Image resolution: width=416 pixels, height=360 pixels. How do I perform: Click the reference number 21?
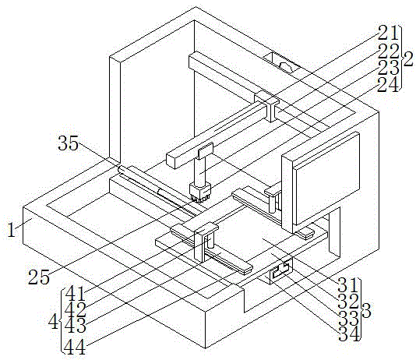389,33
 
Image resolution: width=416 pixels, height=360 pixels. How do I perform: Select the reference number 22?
389,51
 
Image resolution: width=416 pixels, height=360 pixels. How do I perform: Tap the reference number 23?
389,67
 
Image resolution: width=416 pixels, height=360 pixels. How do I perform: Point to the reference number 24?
389,84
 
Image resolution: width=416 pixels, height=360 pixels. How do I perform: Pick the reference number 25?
39,277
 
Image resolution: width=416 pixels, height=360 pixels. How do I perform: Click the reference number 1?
11,229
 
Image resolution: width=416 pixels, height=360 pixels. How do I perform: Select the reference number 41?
76,294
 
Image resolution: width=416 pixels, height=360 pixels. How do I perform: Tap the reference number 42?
76,309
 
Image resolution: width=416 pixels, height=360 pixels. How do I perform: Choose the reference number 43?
76,325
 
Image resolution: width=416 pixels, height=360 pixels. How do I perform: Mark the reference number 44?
76,347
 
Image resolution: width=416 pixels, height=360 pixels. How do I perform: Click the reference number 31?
348,286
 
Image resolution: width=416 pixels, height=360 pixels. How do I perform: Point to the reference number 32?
349,302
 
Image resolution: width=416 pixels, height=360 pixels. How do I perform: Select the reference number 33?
349,318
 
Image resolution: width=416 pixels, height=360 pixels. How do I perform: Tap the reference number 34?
349,334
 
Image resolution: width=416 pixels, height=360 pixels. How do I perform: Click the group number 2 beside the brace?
408,59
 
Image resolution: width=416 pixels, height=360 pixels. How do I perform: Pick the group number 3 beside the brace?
366,310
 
